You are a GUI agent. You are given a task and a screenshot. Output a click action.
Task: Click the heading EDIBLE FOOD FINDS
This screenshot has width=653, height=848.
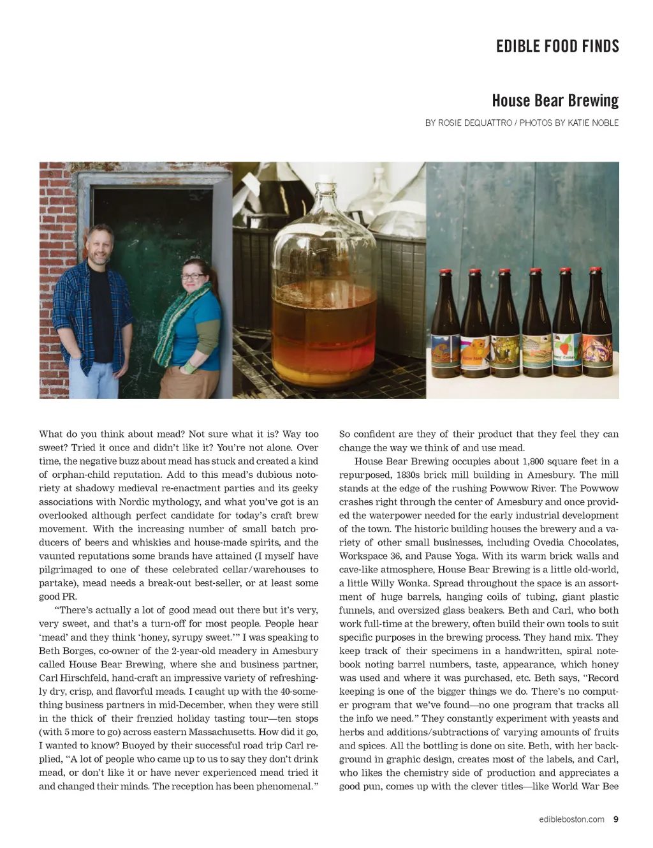[557, 46]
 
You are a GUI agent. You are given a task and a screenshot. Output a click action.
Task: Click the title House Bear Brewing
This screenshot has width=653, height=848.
[555, 101]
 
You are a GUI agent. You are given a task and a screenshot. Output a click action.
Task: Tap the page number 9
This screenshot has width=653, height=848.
[615, 819]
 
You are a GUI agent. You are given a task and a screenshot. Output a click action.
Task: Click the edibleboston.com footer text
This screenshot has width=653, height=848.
[571, 819]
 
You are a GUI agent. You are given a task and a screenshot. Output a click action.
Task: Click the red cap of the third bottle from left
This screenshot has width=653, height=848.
[504, 272]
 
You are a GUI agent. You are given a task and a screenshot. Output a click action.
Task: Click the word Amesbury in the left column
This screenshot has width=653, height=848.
[295, 651]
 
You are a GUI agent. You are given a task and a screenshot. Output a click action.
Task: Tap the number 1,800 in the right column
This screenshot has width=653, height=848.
[534, 461]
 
